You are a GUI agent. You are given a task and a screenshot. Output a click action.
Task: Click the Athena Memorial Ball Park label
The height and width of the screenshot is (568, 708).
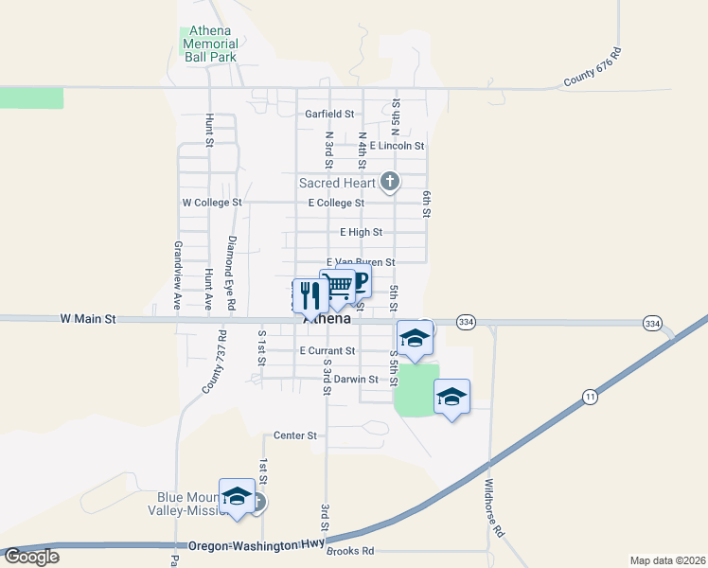(210, 44)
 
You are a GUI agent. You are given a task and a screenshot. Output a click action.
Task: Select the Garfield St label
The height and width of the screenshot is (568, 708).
(329, 114)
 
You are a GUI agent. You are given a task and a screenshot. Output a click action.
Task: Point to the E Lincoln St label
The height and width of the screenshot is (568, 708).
(397, 146)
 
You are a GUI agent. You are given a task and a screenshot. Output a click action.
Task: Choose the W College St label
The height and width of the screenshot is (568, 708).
(212, 203)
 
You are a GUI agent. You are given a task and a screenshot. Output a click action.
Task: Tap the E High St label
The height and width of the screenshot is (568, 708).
(361, 232)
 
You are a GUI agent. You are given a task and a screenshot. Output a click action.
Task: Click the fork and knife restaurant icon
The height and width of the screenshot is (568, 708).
(310, 296)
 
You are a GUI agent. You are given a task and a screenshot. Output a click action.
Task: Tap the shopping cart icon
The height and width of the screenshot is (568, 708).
(337, 287)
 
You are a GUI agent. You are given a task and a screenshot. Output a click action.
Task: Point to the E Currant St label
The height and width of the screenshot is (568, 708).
(327, 350)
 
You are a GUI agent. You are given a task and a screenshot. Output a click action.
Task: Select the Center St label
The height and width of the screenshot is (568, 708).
(294, 435)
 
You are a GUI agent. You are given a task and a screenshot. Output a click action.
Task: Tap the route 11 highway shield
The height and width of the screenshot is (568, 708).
(591, 395)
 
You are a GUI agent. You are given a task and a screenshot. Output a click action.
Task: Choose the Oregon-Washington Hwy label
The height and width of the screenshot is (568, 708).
(256, 546)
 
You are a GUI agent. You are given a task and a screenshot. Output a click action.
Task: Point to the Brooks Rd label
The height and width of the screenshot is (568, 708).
(350, 551)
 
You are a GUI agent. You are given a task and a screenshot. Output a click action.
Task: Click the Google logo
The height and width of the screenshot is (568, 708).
(31, 557)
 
